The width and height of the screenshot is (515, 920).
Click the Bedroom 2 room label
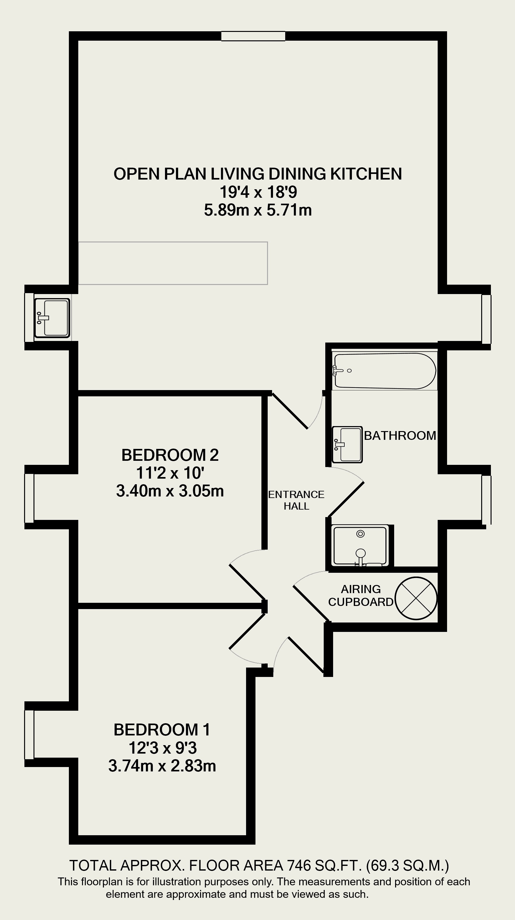[170, 455]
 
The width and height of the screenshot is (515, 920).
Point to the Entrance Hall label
[296, 500]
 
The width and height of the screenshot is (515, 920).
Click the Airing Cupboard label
[361, 595]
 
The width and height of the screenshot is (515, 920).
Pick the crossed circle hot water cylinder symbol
[416, 598]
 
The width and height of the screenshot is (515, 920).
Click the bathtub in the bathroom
[384, 371]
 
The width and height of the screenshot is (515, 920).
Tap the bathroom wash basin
[347, 445]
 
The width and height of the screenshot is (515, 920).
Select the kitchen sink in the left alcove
[52, 318]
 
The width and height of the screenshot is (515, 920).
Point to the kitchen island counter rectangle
[173, 263]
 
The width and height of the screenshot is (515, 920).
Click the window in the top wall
[253, 36]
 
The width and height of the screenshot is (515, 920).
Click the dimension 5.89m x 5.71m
[258, 210]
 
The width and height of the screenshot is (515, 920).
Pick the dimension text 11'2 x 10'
[170, 473]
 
